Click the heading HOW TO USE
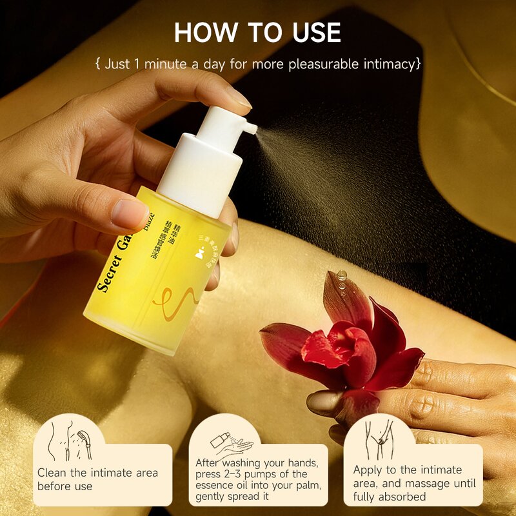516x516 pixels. coord(258,33)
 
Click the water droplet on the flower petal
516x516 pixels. coord(341,276)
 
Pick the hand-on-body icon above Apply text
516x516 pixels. coord(379,437)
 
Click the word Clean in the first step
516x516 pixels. coord(54,473)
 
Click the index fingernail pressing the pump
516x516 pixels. coord(238,97)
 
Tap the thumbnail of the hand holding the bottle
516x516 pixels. coord(130,214)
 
